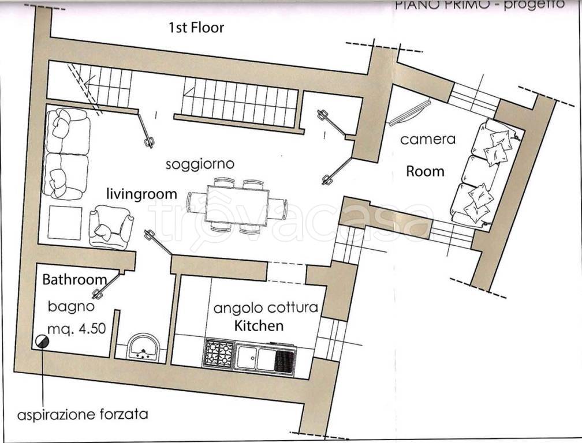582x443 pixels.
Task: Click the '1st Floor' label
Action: tap(196, 28)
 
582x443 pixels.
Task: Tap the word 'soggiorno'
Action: tap(200, 164)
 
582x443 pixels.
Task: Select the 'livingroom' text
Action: tap(141, 194)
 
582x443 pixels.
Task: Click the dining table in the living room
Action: tap(237, 205)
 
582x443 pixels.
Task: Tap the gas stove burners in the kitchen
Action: tap(218, 353)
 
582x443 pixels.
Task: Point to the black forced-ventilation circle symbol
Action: tap(42, 341)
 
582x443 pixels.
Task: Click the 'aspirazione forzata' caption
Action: tap(82, 414)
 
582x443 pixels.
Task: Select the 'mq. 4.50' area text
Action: tap(76, 329)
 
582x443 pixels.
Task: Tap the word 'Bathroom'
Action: tap(74, 280)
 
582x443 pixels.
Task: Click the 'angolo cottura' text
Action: tap(266, 308)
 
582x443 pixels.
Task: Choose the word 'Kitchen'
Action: tap(259, 326)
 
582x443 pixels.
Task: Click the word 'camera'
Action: tap(428, 139)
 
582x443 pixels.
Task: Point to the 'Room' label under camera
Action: tap(425, 171)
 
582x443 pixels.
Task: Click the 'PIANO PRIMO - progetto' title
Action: tap(479, 5)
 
